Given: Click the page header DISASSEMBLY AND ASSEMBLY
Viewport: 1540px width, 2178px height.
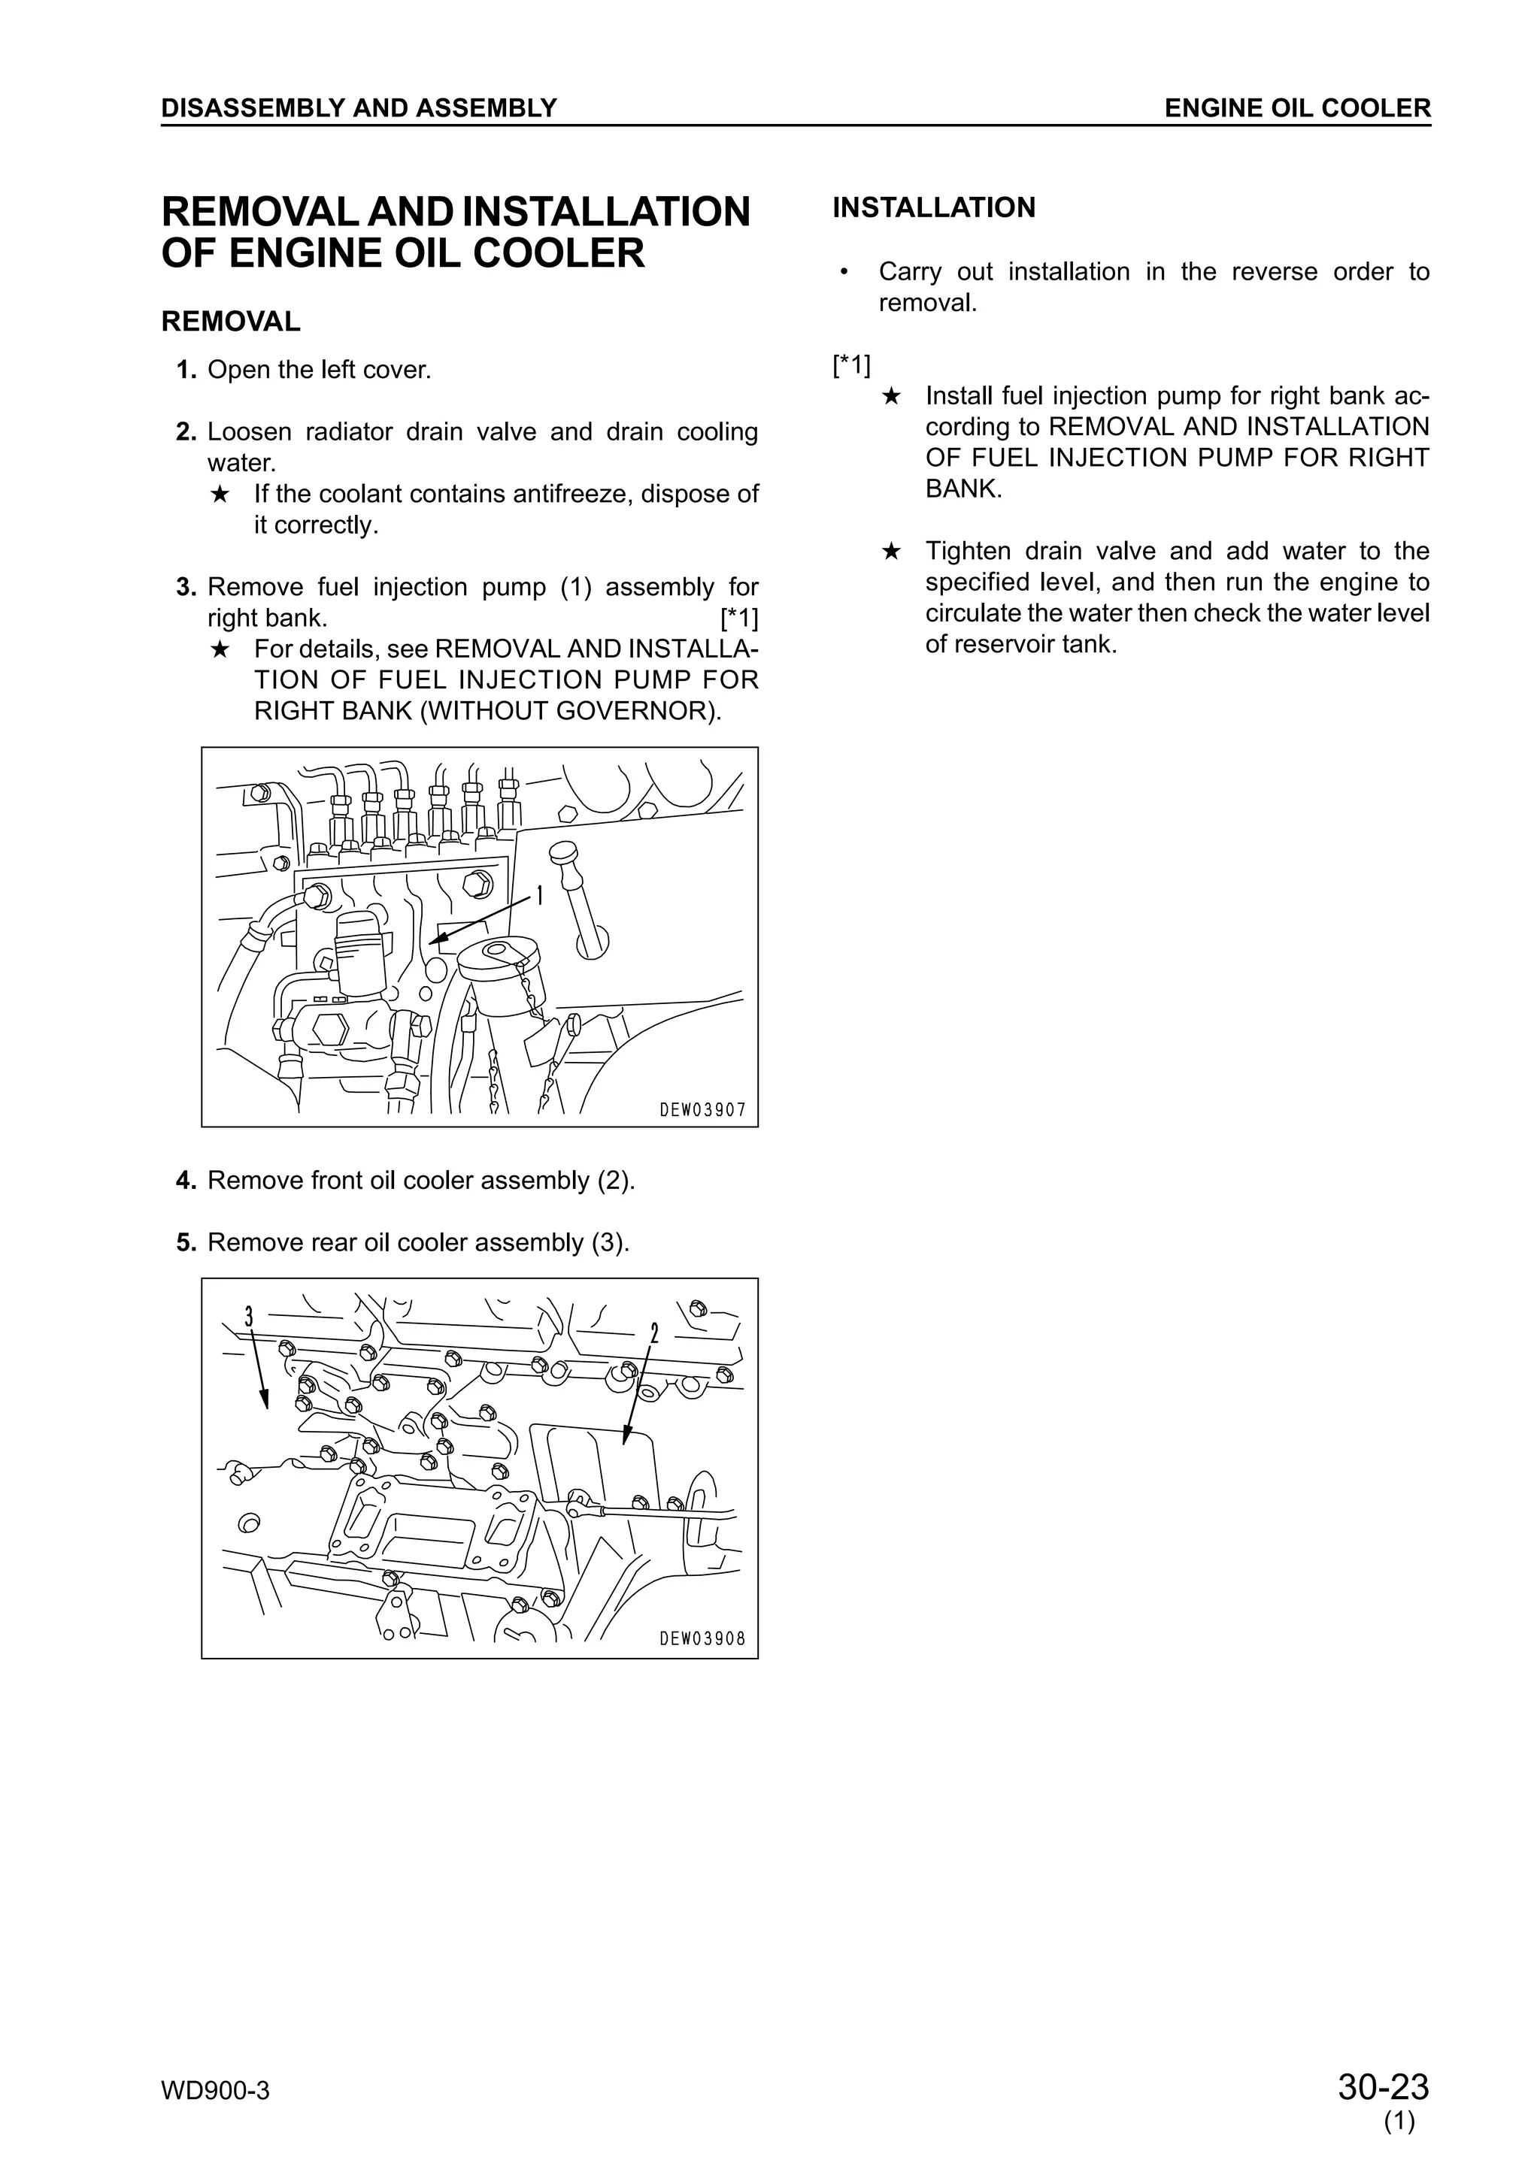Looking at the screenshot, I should coord(359,108).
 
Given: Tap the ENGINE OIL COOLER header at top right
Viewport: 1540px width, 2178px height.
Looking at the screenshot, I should coord(1297,108).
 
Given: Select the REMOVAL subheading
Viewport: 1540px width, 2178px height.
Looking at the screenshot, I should coord(231,322).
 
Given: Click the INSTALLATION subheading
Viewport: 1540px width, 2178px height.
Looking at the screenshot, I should coord(934,207).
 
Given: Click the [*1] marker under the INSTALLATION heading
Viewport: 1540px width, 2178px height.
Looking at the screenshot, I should coord(851,365).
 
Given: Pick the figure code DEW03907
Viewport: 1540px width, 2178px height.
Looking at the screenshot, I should coord(702,1110).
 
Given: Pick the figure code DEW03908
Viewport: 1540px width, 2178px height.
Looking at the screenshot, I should coord(702,1638).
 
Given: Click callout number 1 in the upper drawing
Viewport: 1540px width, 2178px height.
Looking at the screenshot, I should coord(540,896).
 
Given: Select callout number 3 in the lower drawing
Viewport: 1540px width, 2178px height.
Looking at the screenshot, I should coord(249,1317).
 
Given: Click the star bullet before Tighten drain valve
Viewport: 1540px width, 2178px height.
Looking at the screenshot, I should coord(890,551).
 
